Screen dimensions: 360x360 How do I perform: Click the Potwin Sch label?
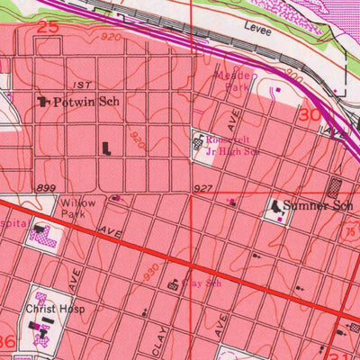[85, 103]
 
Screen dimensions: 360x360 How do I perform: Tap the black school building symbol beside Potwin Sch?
[42, 103]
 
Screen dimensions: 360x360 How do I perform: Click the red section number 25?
[48, 28]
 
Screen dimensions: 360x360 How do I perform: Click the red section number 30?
[310, 115]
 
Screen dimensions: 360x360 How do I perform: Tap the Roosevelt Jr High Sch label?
[233, 147]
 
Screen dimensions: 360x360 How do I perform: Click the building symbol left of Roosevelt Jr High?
[200, 140]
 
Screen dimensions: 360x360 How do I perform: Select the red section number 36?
[7, 342]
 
